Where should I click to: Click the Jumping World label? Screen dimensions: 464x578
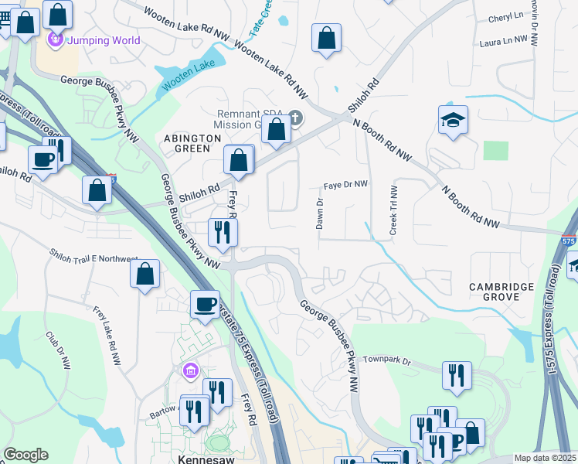104,40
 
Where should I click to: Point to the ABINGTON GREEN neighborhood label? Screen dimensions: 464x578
187,142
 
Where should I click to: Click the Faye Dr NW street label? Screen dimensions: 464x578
345,186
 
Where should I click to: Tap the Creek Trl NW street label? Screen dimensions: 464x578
393,210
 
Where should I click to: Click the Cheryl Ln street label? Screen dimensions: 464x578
506,16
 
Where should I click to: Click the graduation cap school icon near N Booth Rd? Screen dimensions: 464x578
453,120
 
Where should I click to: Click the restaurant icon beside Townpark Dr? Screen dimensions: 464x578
457,374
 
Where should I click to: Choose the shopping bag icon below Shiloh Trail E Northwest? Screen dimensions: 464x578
144,274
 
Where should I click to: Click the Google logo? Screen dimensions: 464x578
25,455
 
